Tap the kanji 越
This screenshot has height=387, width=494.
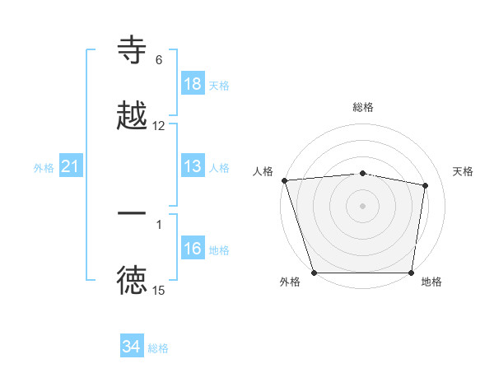133,115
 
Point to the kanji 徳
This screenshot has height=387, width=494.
133,281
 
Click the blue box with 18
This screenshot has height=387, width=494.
193,83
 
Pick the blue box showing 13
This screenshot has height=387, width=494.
193,167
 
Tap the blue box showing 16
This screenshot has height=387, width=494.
193,249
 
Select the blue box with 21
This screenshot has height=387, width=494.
71,167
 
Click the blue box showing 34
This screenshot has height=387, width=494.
132,347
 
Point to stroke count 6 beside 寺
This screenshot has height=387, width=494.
159,60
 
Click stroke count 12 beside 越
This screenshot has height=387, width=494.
159,126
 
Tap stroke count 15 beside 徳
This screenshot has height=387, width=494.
159,291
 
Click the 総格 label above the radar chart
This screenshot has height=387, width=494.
362,107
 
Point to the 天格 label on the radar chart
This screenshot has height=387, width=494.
464,171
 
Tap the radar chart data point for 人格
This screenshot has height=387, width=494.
284,180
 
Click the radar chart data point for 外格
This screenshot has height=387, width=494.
315,273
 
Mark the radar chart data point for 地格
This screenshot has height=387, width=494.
411,273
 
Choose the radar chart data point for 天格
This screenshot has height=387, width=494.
426,185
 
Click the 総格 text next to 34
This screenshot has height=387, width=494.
158,348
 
